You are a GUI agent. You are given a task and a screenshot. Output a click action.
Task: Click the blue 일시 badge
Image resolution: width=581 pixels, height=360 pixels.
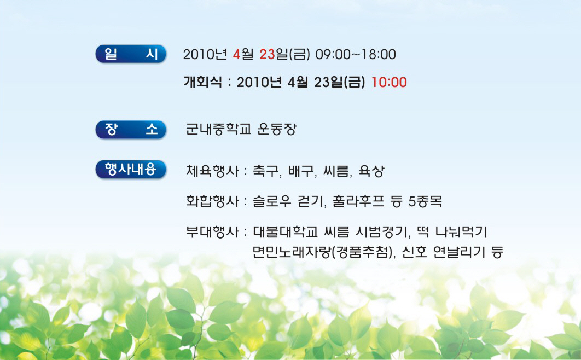(131, 54)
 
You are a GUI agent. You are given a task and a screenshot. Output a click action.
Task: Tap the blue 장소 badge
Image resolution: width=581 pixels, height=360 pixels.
(131, 129)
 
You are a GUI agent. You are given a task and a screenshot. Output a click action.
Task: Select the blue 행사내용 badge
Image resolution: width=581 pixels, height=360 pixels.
(131, 170)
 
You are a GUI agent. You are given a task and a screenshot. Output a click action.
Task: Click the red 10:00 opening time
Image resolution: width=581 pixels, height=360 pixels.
(389, 82)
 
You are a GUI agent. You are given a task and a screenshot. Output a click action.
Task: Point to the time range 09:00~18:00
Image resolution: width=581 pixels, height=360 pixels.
(356, 54)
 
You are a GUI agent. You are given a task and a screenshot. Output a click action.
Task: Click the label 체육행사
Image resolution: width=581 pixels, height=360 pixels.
(212, 171)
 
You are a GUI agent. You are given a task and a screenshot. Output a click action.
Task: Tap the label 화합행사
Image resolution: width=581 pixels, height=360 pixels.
(212, 201)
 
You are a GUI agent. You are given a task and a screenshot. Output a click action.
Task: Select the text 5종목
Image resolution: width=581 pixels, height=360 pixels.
(425, 201)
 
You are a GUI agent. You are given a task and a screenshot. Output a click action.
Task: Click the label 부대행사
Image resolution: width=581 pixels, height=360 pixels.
(212, 232)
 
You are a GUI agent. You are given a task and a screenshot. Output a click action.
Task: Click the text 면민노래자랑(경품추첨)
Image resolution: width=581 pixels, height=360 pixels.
(323, 252)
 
